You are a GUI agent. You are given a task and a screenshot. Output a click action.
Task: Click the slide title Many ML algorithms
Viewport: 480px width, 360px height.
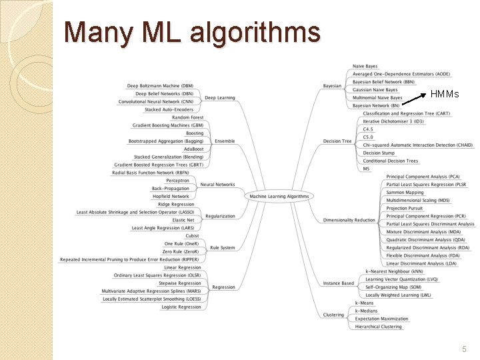(192, 32)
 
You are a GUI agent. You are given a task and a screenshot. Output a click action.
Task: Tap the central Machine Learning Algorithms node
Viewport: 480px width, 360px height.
(279, 197)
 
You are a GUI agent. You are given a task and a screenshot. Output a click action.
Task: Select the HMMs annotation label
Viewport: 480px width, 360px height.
(445, 94)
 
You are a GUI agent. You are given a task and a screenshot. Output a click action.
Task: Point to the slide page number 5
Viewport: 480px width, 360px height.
(464, 349)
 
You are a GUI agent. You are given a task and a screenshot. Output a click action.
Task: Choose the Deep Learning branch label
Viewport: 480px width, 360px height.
(219, 98)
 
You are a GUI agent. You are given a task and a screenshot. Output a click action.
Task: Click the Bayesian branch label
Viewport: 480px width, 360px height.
(332, 86)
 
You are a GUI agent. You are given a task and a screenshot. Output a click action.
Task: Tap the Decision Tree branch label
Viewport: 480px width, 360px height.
(337, 141)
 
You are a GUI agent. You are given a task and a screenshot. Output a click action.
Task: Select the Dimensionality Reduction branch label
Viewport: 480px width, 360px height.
(349, 220)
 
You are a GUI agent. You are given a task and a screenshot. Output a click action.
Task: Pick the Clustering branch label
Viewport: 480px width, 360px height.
(333, 315)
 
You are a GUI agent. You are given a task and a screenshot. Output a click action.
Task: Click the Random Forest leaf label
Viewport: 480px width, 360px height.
(188, 117)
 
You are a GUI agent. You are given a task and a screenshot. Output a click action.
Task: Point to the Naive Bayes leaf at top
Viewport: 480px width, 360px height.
(365, 67)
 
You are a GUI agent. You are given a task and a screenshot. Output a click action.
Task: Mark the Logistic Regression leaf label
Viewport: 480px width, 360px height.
(181, 307)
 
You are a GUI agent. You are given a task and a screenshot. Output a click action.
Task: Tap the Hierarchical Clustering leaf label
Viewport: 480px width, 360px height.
(378, 327)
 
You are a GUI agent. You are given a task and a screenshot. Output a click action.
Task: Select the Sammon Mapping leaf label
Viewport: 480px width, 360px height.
(405, 193)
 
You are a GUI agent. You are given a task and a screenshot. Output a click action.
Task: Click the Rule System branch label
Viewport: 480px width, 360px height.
(222, 248)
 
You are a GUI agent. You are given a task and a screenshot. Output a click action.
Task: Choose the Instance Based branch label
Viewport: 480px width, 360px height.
(339, 283)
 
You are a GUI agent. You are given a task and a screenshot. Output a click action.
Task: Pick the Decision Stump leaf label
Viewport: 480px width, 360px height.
(379, 153)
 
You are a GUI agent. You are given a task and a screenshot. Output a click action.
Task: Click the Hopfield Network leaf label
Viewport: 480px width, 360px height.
(171, 197)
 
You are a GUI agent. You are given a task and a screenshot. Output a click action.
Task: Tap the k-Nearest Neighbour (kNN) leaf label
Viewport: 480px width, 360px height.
(394, 272)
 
